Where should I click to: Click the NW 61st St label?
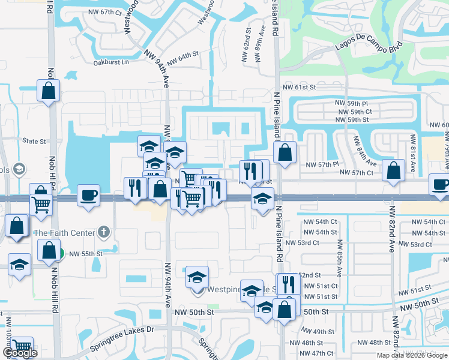click(299, 87)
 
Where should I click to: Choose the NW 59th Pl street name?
click(352, 104)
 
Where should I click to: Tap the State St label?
click(34, 142)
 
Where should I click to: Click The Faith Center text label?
click(65, 233)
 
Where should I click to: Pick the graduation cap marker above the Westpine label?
click(197, 277)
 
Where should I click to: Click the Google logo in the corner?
click(19, 353)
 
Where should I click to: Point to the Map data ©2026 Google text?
click(412, 355)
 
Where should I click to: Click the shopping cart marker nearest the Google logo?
click(22, 347)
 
